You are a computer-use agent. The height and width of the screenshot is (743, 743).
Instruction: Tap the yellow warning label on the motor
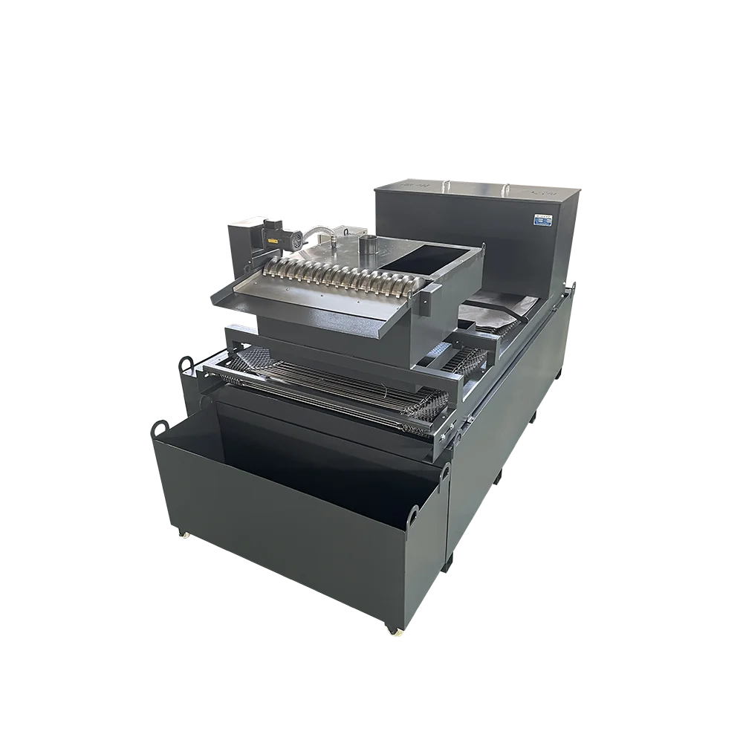[270, 241]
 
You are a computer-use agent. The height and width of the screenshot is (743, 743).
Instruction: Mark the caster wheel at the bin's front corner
[392, 631]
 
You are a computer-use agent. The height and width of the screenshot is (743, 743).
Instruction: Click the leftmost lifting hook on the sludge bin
[158, 429]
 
